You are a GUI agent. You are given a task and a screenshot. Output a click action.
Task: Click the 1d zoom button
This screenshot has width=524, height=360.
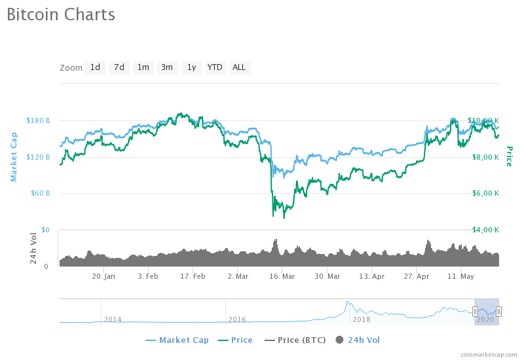tap(95, 67)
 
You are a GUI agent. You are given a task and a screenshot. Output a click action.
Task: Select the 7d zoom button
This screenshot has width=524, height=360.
tap(119, 67)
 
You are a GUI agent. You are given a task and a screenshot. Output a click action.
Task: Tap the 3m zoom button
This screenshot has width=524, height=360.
tap(167, 67)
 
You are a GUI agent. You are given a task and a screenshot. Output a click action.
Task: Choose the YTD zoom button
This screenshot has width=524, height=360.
tap(215, 67)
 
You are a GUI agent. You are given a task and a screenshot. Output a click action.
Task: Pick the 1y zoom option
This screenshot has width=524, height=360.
tap(191, 67)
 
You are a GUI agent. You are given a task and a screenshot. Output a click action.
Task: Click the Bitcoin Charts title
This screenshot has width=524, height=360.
tap(61, 15)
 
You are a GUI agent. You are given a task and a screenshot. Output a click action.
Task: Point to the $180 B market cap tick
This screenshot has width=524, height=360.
tap(38, 120)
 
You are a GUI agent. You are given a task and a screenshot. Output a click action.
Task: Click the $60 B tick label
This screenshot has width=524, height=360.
tap(40, 193)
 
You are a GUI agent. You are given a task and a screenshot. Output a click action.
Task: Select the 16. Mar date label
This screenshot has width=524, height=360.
tap(282, 276)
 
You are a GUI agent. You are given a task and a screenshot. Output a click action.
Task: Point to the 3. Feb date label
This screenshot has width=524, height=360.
tap(148, 276)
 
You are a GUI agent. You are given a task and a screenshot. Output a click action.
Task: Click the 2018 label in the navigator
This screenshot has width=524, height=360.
tap(362, 319)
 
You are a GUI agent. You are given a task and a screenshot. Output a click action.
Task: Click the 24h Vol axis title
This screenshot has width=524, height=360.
tap(33, 249)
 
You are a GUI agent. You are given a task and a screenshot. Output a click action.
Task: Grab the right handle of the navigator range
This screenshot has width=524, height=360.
tap(498, 312)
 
